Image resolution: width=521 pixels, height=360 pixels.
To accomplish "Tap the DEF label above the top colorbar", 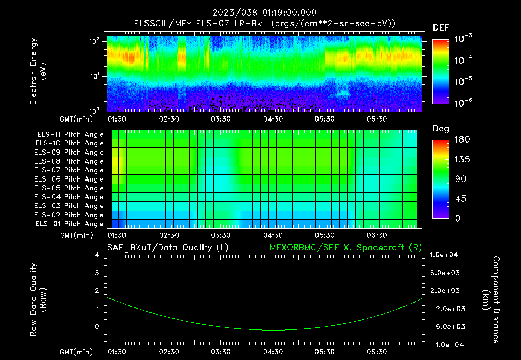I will (440, 27).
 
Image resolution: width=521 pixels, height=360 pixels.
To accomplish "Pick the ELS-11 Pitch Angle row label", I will (70, 134).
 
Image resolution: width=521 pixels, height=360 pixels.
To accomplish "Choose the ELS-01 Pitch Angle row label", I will (70, 224).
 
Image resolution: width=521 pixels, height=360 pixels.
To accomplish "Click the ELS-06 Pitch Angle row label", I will (70, 179).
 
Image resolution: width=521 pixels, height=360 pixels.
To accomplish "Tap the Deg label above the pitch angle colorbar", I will (440, 129).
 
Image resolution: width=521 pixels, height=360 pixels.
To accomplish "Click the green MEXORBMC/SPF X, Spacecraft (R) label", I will (345, 247).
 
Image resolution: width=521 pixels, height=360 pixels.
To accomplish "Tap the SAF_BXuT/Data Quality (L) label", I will (167, 247).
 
